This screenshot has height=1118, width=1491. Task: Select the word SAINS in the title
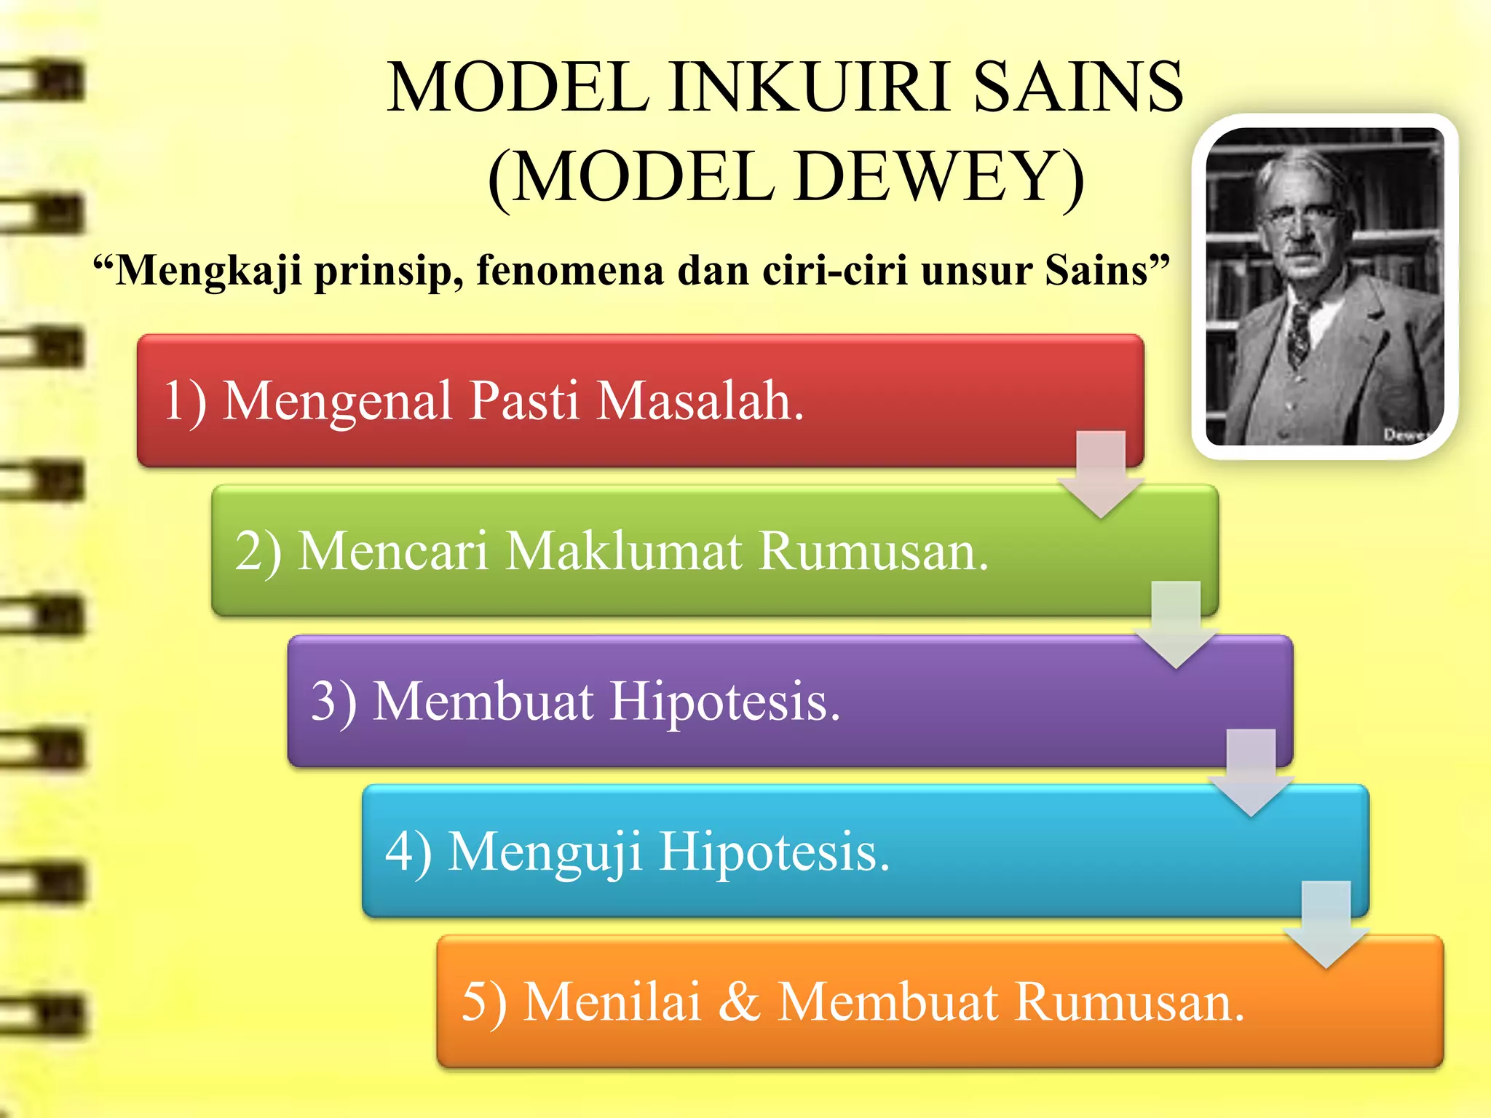(1077, 87)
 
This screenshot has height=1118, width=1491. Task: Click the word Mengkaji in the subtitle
(208, 271)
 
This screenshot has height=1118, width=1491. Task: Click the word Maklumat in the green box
(624, 550)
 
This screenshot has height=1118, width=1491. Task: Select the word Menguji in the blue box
(545, 852)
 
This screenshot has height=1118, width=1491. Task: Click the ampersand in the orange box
(739, 1002)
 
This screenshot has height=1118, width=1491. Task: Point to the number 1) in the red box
(185, 401)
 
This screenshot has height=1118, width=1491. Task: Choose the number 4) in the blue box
(408, 852)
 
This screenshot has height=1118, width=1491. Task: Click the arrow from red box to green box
(1102, 473)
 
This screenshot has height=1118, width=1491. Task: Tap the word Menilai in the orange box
(612, 1002)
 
